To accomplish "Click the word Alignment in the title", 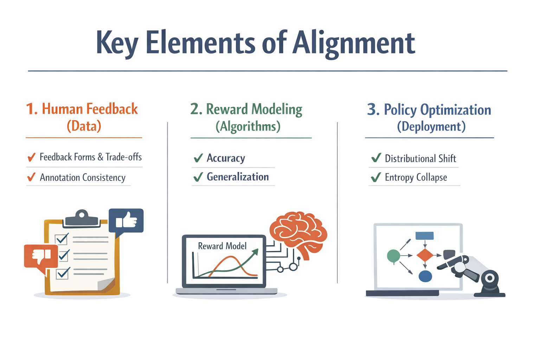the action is (353, 43).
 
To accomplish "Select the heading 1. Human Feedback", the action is (82, 109).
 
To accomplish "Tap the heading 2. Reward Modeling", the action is (246, 109).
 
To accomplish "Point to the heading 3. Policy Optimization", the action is (429, 110).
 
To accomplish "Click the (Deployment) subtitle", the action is (431, 127).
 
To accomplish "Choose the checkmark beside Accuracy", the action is (198, 158).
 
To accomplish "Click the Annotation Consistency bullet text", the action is (83, 178).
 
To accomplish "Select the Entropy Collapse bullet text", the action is (416, 178).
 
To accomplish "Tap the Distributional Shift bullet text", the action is (420, 159).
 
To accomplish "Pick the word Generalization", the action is (238, 177).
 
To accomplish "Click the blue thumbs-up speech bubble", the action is (126, 221).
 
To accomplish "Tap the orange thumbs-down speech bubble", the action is (41, 258).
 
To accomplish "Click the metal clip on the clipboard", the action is (82, 218).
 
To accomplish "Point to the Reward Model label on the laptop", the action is (222, 246).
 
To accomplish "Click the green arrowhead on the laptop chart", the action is (255, 252).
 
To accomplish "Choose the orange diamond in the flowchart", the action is (425, 255).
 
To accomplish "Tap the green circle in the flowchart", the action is (393, 256).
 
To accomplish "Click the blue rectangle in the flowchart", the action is (425, 236).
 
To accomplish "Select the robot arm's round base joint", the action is (490, 278).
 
